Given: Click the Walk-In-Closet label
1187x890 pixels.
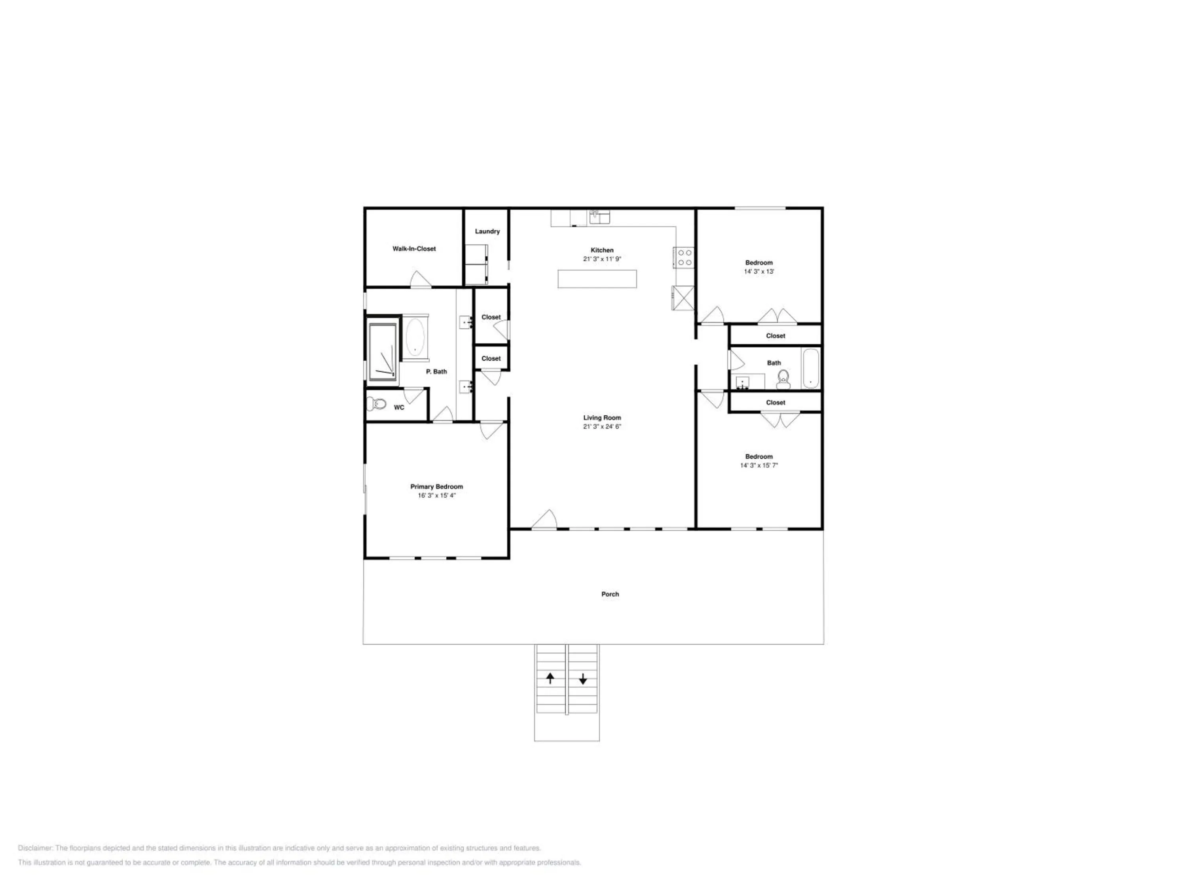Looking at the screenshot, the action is pos(414,249).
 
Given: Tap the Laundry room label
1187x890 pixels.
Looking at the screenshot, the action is pos(487,231).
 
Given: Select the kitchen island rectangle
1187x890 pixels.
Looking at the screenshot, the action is pos(597,279).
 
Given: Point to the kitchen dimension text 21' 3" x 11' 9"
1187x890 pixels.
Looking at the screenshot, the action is pos(602,259).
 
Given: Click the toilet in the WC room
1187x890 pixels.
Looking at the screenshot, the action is pos(377,403).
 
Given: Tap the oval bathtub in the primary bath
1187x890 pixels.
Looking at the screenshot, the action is pos(415,337).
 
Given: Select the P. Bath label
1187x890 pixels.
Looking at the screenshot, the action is pos(436,371).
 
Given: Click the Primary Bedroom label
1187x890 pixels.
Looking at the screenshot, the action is pos(437,487).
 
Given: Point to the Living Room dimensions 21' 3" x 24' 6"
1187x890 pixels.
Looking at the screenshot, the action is pos(602,426).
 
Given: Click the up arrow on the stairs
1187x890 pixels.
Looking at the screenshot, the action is pos(550,678).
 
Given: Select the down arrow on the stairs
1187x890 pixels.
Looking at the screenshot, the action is pos(583,679).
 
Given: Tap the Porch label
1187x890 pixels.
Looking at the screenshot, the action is pos(610,594).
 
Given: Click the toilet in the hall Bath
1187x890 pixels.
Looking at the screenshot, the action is pos(783,379).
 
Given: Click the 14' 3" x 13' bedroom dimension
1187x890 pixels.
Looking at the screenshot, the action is pos(759,271).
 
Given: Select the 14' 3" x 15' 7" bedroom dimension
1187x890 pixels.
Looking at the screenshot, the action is pos(759,466).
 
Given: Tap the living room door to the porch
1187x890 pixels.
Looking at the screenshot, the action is pos(545,519).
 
